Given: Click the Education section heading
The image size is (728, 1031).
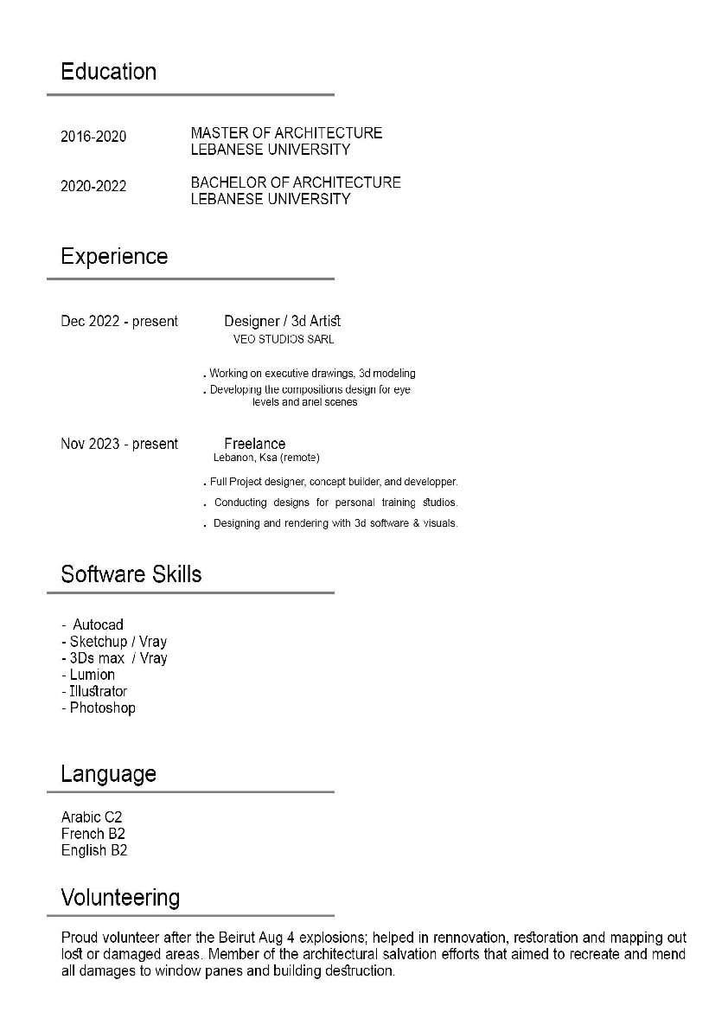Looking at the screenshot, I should point(108,71).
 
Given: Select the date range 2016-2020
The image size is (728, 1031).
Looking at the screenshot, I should point(93,137).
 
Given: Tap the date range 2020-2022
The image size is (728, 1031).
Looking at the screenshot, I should point(93,186).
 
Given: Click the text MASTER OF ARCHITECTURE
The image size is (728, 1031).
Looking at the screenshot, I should point(286,133).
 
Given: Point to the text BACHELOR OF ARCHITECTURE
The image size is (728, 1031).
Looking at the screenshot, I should point(296,183).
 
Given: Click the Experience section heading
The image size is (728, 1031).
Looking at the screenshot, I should point(114,256).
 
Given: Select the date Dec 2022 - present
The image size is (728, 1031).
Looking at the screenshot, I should point(119,322).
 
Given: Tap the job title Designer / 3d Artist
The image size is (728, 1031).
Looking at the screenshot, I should point(283,322).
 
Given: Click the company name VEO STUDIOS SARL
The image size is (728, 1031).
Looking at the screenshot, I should point(284,340).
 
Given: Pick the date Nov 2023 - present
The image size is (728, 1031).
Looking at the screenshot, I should point(119,444).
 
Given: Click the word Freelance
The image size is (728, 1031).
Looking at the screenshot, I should point(254,444).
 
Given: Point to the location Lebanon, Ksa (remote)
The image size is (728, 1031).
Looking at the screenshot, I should point(266,458).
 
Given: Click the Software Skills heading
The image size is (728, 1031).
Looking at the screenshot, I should point(131,574).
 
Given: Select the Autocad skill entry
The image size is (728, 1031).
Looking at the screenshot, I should point(98,624).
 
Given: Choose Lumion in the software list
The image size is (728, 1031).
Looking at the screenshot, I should point(92,675).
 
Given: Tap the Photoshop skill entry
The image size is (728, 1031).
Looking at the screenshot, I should point(102,708).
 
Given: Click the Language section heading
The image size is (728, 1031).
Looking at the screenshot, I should point(108,773).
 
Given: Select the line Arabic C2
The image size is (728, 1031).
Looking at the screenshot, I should point(92,817).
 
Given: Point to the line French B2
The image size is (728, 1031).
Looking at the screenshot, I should point(93,834).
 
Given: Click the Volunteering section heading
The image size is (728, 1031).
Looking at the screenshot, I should point(120,897).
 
